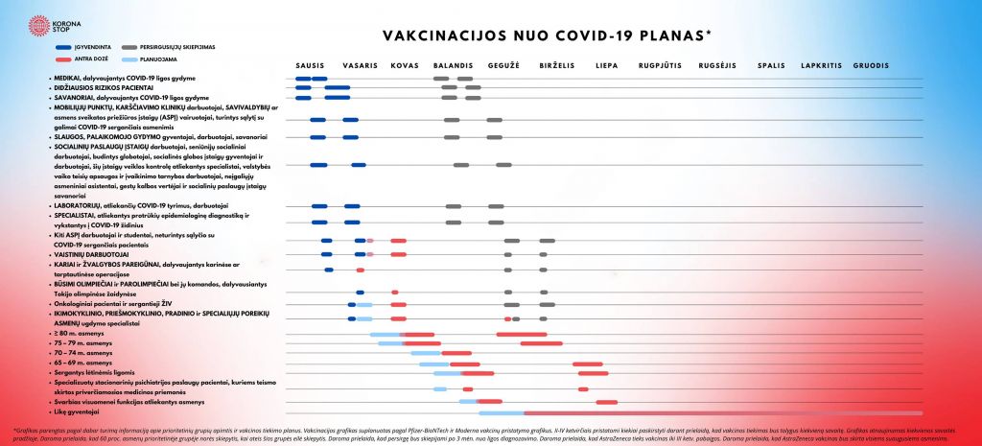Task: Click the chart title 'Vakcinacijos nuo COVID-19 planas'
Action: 547,35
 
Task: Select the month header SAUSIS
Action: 309,65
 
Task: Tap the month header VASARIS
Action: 359,65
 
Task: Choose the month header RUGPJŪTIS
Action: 660,65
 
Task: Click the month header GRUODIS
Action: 871,65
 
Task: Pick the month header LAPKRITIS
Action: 821,65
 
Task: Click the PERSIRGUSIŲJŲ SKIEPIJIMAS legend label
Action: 178,46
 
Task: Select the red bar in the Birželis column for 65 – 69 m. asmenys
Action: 587,364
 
